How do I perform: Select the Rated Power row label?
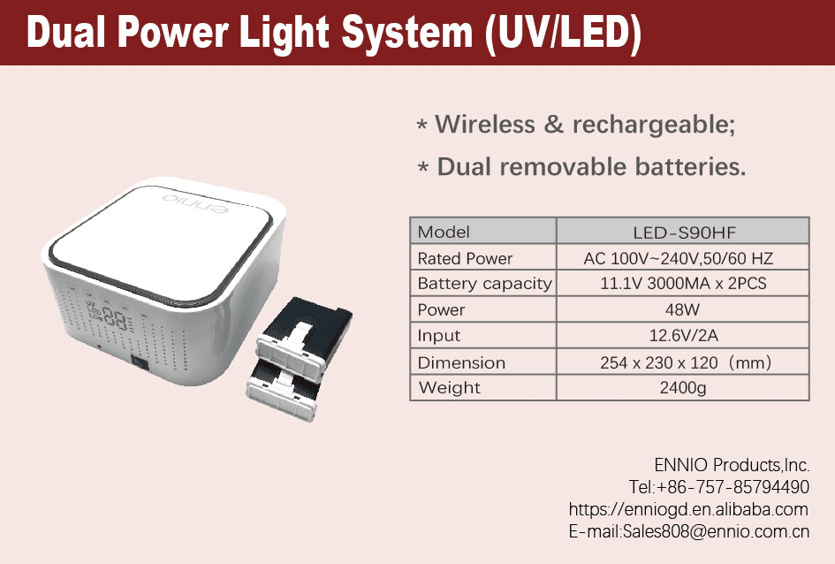coord(465,259)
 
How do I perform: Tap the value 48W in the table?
coord(683,310)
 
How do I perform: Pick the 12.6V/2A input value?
coord(683,336)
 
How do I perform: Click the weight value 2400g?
coord(683,387)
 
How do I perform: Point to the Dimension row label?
coord(461,362)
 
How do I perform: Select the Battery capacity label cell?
coord(484,285)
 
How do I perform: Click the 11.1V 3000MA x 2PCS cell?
coord(683,285)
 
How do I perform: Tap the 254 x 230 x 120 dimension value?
coord(683,362)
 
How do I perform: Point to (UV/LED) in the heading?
coord(562,33)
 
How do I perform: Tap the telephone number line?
coord(718,487)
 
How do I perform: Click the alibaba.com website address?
coord(688,509)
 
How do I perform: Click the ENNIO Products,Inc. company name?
coord(732,465)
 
